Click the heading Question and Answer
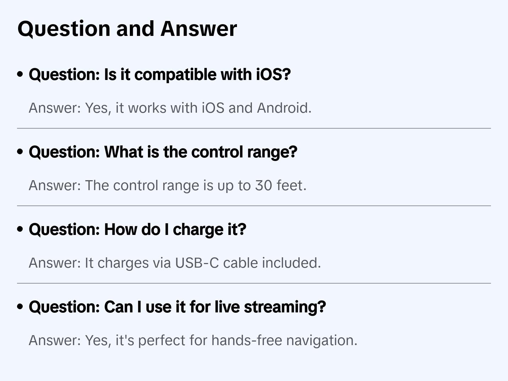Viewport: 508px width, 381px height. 127,28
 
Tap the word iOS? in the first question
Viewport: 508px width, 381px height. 274,75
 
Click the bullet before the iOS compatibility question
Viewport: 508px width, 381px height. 20,74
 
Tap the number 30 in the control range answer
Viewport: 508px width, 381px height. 264,186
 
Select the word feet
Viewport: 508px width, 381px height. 291,186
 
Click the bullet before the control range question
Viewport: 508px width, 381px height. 20,152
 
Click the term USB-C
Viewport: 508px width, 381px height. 197,263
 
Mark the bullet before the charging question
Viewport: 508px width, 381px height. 20,229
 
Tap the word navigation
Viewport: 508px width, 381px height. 322,340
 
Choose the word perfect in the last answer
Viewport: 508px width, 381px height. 161,340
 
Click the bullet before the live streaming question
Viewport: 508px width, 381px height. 20,307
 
